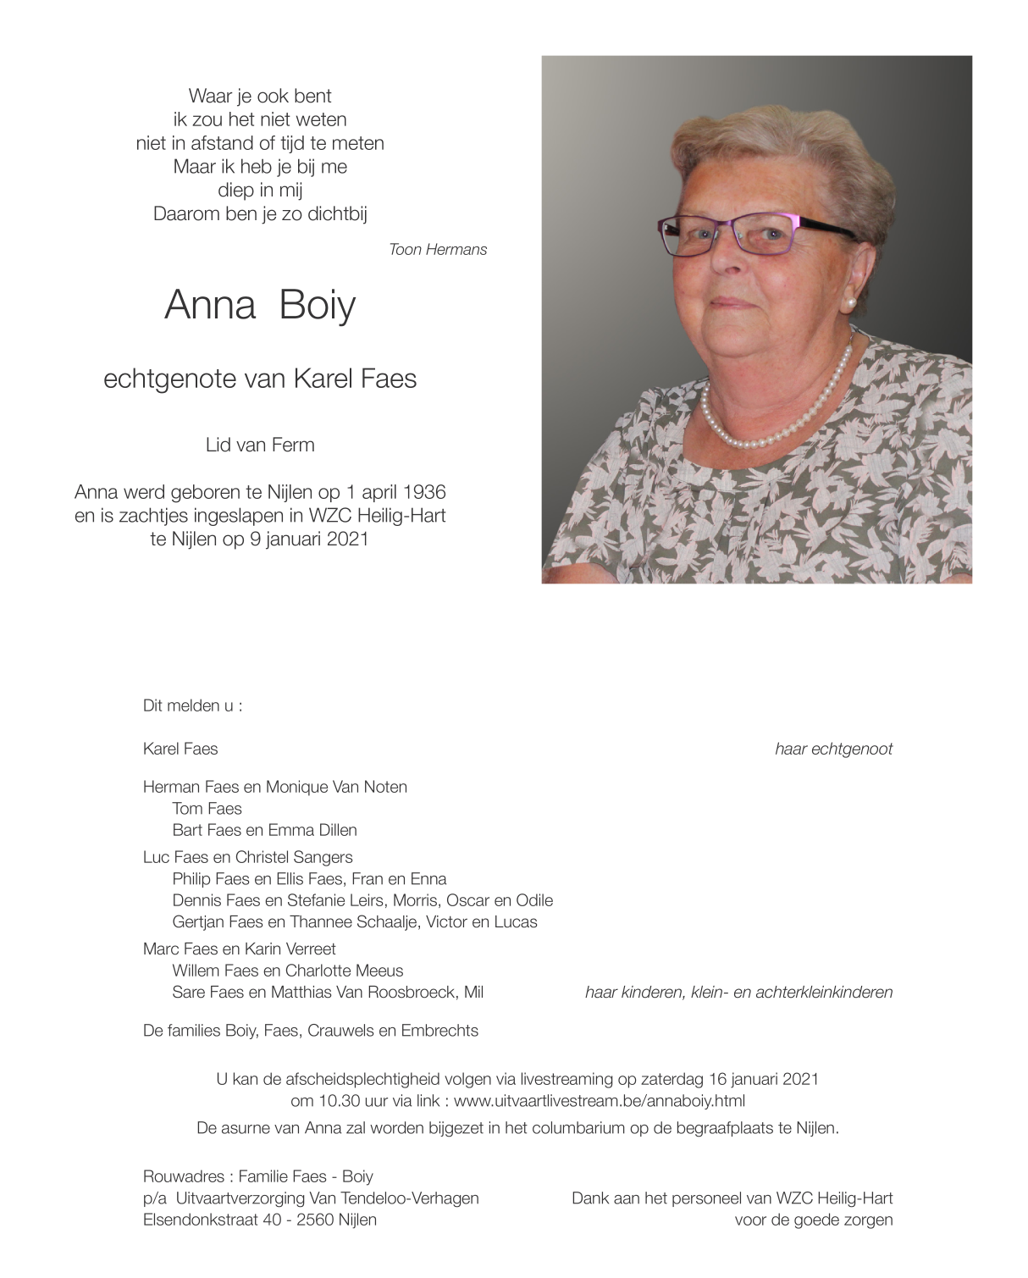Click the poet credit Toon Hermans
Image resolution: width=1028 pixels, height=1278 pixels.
tap(438, 250)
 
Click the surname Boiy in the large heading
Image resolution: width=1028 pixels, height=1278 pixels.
tap(318, 305)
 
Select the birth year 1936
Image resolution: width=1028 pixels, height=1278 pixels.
tap(424, 493)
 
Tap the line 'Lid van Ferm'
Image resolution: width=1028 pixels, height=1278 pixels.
tap(260, 445)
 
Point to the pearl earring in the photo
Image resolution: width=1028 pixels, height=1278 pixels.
tap(849, 302)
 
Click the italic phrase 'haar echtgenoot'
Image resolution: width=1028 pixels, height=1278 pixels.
tap(833, 750)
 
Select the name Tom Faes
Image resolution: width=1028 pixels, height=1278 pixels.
tap(207, 809)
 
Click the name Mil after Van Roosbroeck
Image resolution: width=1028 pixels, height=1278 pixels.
tap(473, 993)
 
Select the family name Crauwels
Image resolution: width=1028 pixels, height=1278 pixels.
tap(338, 1032)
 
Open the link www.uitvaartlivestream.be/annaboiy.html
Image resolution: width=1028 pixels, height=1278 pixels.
tap(600, 1102)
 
